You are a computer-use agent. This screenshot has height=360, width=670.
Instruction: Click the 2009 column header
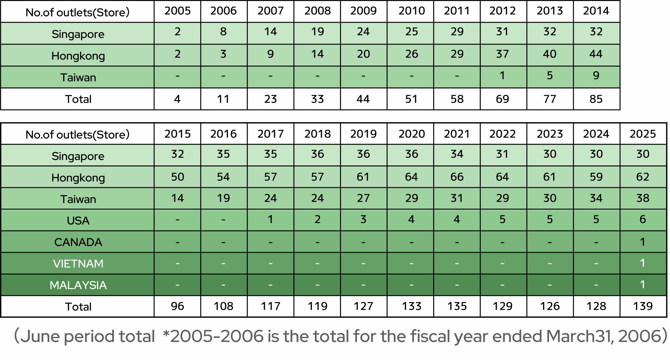(363, 11)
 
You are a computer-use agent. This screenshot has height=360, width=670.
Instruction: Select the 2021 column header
(457, 134)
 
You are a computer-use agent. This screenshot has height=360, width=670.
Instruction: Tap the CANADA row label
(78, 242)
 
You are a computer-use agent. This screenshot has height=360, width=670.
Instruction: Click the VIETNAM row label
(78, 264)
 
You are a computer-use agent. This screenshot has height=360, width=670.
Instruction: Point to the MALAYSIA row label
(78, 285)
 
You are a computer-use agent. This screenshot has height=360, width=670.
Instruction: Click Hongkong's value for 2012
(503, 54)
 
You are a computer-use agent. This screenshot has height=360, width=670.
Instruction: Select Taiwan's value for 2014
(596, 76)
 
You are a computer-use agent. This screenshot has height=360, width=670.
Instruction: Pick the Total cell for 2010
(411, 99)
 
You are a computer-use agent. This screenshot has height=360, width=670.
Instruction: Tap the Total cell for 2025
(643, 306)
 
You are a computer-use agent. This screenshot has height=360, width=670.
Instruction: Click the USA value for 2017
(270, 220)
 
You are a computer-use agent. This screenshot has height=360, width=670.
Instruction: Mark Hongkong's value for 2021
(457, 177)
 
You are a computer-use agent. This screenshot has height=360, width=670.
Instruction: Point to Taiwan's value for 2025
(643, 198)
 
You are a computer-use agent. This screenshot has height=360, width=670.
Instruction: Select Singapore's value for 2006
(223, 32)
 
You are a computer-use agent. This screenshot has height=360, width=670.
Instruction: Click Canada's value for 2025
(643, 242)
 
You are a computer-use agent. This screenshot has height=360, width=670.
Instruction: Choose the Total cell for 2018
(317, 306)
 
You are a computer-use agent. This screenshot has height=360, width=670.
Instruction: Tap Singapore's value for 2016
(223, 154)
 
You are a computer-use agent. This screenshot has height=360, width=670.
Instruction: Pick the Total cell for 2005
(177, 99)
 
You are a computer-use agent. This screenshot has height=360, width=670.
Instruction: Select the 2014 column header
(596, 11)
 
